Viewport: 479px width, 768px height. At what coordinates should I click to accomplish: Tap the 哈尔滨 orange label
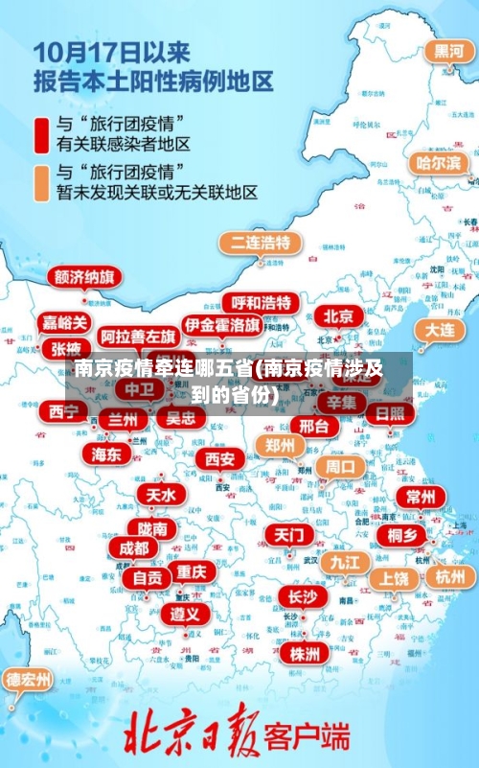pyautogui.click(x=437, y=163)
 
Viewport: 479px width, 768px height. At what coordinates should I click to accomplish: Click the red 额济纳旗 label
pyautogui.click(x=86, y=277)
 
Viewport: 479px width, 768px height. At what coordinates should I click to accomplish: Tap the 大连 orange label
pyautogui.click(x=440, y=329)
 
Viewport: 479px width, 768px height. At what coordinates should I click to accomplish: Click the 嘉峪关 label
pyautogui.click(x=65, y=322)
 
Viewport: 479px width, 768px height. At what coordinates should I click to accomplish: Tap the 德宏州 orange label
pyautogui.click(x=29, y=680)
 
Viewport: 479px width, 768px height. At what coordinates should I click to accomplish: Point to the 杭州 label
pyautogui.click(x=449, y=576)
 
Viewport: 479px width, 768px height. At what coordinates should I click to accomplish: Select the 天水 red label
pyautogui.click(x=161, y=495)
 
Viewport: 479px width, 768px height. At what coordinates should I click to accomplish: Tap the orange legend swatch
pyautogui.click(x=41, y=182)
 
